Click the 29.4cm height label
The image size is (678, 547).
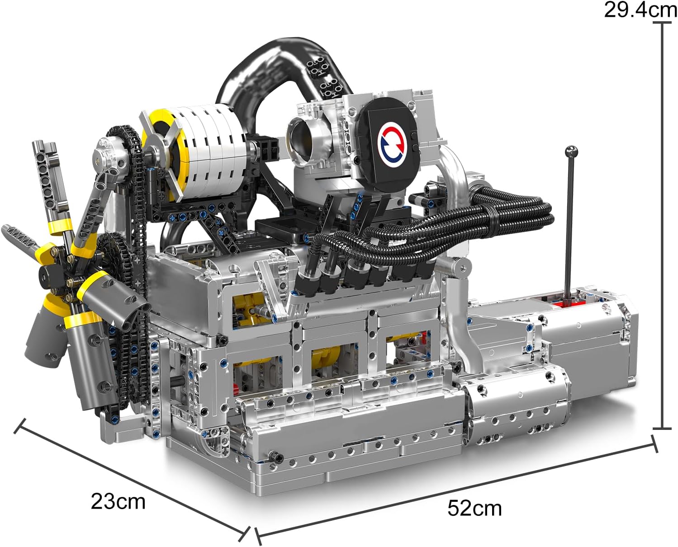coord(640,10)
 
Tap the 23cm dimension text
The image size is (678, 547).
coord(118,501)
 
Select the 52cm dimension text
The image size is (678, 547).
coord(474,508)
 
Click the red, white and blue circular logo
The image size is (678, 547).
coord(393,144)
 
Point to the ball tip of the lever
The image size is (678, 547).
coord(572,151)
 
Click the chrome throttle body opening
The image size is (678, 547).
coord(301,139)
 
